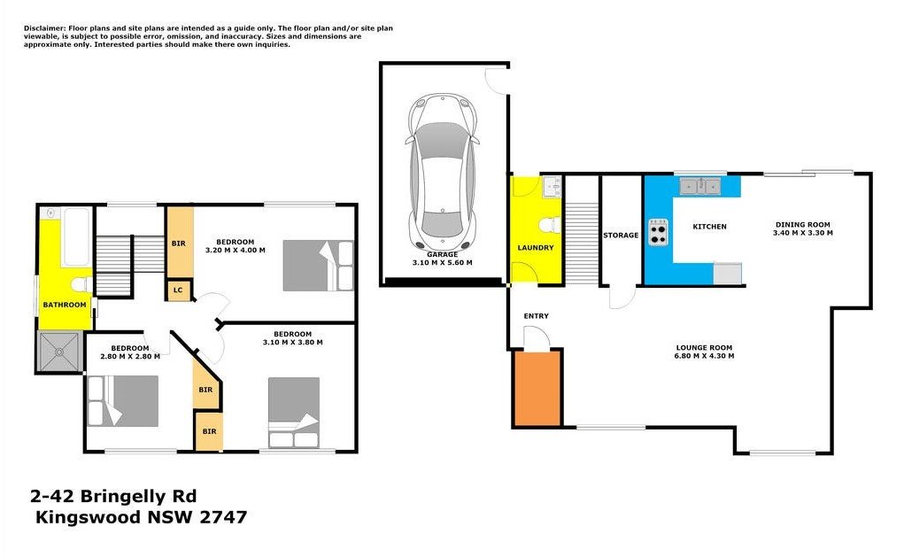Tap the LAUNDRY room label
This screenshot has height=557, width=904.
[536, 248]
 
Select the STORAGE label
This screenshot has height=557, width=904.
[621, 236]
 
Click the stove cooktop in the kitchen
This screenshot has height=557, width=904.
[658, 232]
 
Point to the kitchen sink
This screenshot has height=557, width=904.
[700, 186]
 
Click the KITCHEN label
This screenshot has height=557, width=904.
[710, 227]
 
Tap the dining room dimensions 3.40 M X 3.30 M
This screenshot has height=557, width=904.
[803, 234]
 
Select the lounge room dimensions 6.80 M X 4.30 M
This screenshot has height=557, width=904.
[704, 356]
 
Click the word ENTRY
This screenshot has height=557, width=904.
[537, 316]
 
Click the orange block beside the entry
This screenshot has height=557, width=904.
[537, 388]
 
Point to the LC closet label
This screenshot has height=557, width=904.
[178, 290]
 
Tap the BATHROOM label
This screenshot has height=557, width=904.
[65, 305]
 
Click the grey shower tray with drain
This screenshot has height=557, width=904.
[58, 352]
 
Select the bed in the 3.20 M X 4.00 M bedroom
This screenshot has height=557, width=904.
[318, 266]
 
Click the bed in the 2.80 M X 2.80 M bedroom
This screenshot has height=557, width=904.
[123, 401]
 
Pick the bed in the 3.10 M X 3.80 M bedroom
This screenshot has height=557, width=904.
[294, 413]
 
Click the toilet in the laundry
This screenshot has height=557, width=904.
[550, 225]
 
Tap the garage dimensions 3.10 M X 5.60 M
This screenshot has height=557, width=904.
[442, 263]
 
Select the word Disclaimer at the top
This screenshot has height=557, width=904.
[44, 28]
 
